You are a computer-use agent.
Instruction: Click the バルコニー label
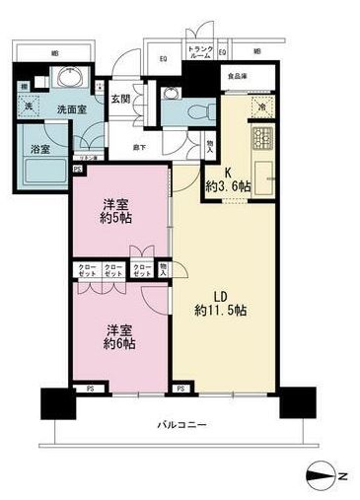click(x=180, y=425)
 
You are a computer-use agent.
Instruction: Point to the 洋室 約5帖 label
click(x=118, y=212)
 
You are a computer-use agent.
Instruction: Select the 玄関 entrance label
click(x=119, y=97)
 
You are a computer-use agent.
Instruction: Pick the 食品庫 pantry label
click(x=236, y=75)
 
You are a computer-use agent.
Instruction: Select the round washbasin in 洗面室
click(x=70, y=80)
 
